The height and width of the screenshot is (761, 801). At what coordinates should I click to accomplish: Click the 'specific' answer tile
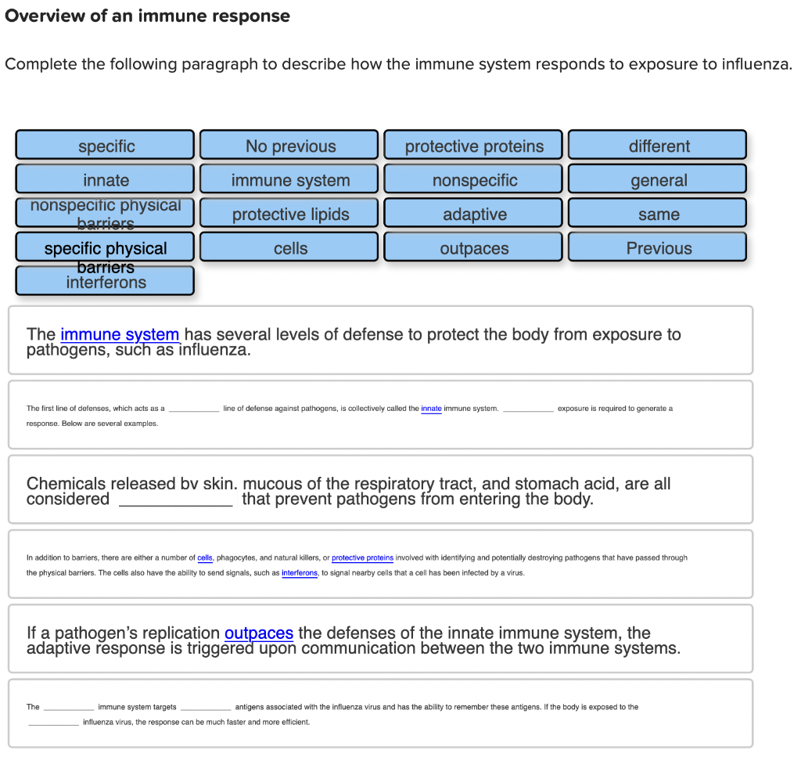[x=106, y=146]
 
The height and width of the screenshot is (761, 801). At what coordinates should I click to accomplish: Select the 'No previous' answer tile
[x=289, y=146]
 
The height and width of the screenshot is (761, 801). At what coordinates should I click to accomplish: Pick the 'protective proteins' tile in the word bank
[x=473, y=146]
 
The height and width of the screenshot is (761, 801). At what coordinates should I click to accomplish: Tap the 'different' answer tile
[x=658, y=146]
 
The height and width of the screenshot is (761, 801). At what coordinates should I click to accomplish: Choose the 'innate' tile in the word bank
[x=106, y=180]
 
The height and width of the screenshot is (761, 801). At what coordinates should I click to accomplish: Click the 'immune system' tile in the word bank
[x=289, y=180]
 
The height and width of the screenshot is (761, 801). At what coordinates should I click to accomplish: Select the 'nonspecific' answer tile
[x=473, y=180]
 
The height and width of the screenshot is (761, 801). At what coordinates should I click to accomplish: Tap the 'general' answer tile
[x=658, y=180]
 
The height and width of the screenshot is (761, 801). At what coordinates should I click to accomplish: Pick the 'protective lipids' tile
[x=289, y=214]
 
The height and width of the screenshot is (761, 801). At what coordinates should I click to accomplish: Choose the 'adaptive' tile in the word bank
[x=473, y=214]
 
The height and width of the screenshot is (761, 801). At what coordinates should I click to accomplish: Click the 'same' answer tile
[x=658, y=214]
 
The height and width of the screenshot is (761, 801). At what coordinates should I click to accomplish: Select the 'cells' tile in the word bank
[x=289, y=248]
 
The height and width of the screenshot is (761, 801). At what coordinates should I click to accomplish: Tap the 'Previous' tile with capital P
[x=658, y=248]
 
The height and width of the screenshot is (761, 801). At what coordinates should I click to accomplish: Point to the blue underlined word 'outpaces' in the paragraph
[x=258, y=633]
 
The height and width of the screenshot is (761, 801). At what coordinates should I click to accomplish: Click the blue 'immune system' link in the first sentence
[x=120, y=334]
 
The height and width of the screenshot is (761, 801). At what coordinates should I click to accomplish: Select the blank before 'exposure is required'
[x=528, y=408]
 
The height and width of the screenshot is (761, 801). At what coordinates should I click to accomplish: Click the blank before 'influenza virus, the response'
[x=53, y=722]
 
